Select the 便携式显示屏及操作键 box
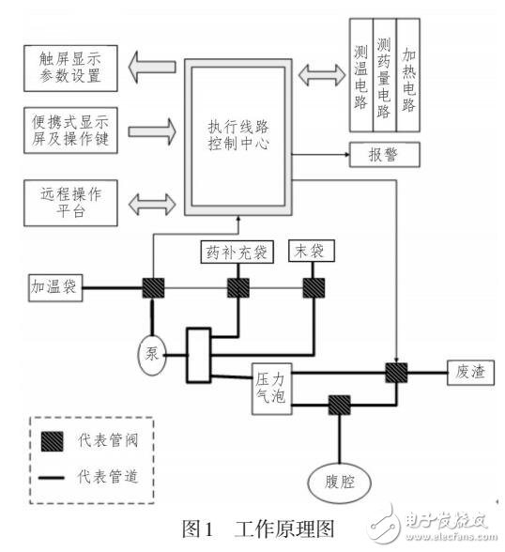pos(71,129)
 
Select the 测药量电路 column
pos(384,73)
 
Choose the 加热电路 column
pos(407,73)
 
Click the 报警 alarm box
pos(383,153)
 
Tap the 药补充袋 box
pos(234,251)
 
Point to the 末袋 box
pos(311,251)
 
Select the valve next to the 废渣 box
pos(397,372)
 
